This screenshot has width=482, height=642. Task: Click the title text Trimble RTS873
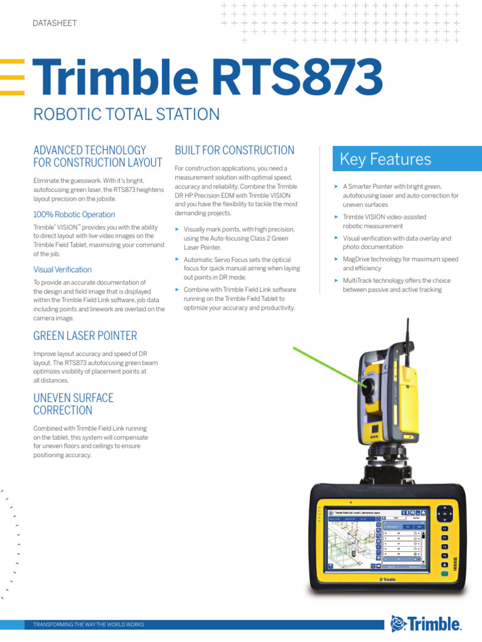(207, 78)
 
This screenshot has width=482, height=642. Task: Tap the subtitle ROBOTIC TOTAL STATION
(126, 115)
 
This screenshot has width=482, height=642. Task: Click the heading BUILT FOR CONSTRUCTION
(234, 150)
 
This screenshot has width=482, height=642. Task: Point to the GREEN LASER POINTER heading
(85, 336)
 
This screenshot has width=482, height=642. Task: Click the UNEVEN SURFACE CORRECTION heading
(73, 404)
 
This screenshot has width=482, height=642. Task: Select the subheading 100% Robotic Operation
(74, 214)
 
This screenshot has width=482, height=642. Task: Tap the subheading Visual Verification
(62, 270)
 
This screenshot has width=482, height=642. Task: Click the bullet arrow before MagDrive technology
(336, 258)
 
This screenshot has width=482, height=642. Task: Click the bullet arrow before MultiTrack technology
(336, 280)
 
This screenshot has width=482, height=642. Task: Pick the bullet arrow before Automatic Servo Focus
(177, 259)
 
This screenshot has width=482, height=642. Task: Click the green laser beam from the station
(326, 363)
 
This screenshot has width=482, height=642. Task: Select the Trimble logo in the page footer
(426, 624)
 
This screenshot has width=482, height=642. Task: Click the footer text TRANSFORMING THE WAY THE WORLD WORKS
(88, 625)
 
